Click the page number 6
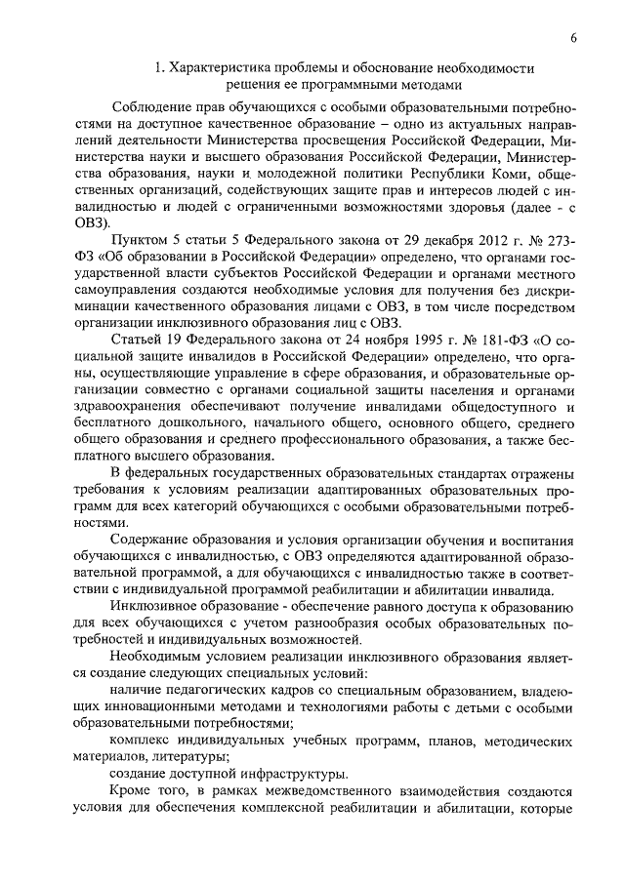click(573, 38)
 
